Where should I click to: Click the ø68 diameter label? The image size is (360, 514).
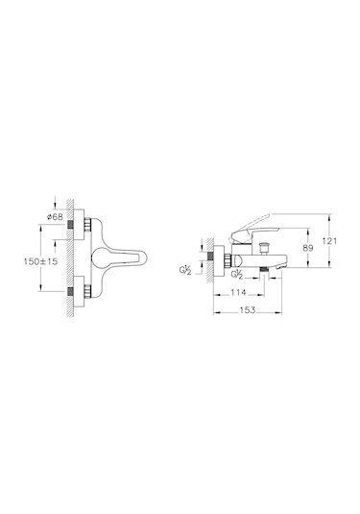[x=55, y=217]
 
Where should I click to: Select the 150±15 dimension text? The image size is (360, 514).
[x=40, y=261]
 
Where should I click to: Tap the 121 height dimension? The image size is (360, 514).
[x=329, y=241]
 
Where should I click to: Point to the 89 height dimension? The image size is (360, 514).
[x=307, y=248]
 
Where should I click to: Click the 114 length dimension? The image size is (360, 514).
[x=238, y=292]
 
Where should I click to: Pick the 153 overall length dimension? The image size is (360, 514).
[x=248, y=309]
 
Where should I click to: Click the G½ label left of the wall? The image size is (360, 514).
[x=185, y=270]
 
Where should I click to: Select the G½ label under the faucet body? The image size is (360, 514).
[x=236, y=275]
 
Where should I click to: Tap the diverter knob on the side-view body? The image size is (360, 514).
[x=263, y=248]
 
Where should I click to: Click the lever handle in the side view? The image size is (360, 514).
[x=252, y=230]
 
